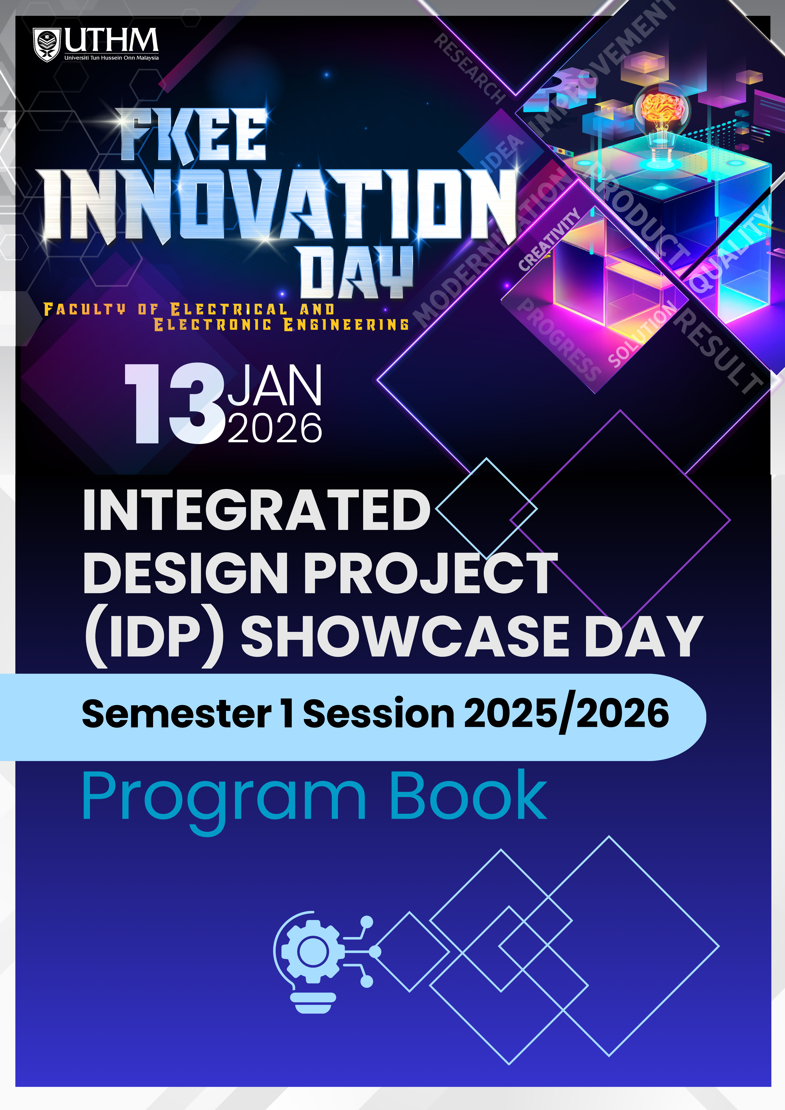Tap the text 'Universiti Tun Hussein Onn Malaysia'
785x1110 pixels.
pyautogui.click(x=112, y=58)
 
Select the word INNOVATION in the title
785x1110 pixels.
pyautogui.click(x=280, y=205)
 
